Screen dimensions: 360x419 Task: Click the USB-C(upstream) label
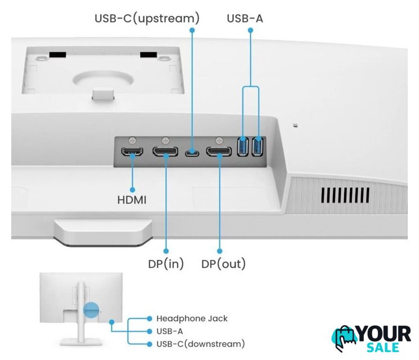point(146,19)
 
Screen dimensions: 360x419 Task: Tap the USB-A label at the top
point(245,19)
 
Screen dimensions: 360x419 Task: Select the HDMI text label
point(132,199)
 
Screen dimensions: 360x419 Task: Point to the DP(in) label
point(166,264)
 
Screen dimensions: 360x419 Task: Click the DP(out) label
point(223,264)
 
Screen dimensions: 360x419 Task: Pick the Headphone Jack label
point(192,318)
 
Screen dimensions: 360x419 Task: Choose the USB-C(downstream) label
point(200,343)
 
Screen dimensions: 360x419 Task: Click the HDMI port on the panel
point(133,152)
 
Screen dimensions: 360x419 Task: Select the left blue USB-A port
point(244,147)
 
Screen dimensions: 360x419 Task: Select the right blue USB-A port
point(258,147)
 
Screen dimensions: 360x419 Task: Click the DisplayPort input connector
point(166,152)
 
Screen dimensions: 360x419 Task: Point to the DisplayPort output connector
point(218,152)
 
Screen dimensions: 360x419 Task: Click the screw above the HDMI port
point(133,139)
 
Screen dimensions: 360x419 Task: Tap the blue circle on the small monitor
point(91,309)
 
